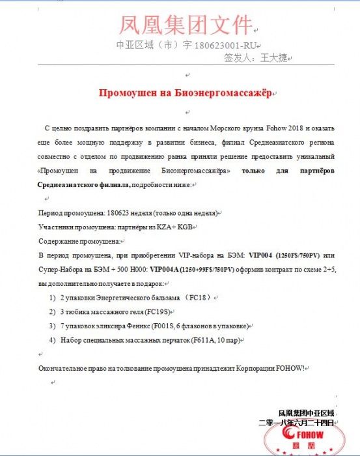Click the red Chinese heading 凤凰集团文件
tap(186, 24)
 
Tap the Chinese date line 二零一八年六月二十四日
tap(296, 423)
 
